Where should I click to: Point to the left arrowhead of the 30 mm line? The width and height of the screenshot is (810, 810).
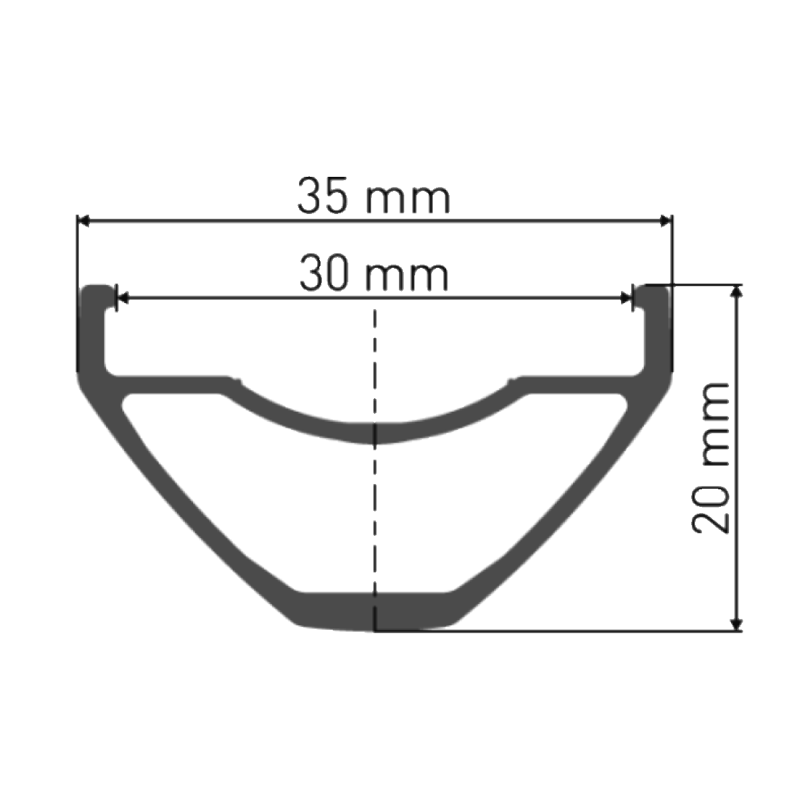[x=122, y=297]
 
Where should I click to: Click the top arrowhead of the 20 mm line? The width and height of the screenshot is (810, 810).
[x=739, y=290]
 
